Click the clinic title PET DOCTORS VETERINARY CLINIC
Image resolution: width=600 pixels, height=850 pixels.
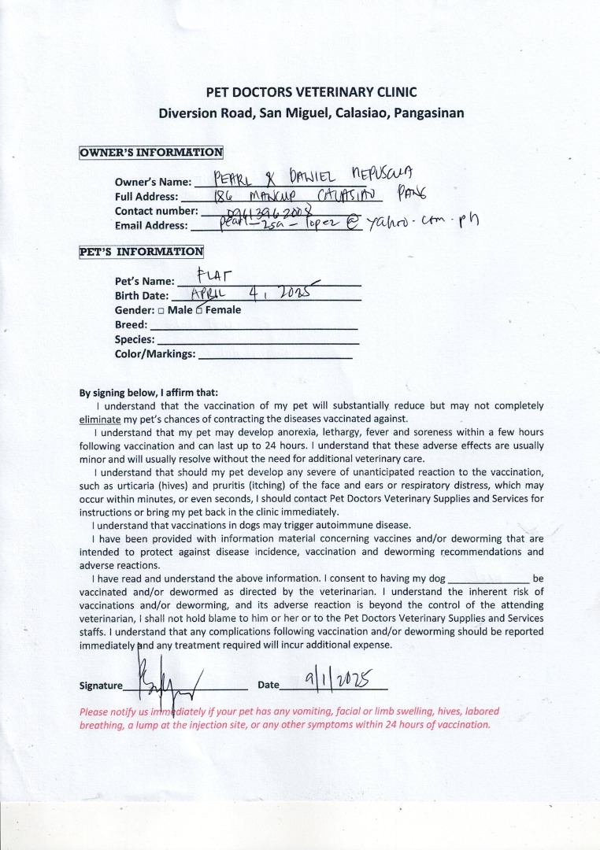tap(311, 92)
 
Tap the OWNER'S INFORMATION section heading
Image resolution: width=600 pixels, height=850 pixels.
tap(151, 152)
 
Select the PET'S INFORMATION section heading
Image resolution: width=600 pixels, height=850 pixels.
tap(142, 252)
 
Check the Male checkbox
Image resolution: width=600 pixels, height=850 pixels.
tap(161, 310)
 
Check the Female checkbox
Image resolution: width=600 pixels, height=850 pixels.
tap(199, 310)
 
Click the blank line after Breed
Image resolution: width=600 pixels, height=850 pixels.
tap(254, 327)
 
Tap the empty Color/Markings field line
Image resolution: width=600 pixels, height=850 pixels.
tap(276, 357)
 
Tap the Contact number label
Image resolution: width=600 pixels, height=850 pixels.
tap(156, 211)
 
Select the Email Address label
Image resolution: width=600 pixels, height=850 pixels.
tap(151, 225)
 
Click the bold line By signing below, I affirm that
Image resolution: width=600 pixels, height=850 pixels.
tap(149, 393)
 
